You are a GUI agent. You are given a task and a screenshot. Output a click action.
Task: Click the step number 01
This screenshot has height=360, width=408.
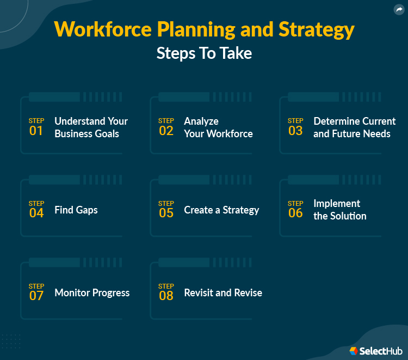tap(36, 131)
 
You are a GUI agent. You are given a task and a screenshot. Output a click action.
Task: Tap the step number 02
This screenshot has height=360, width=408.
tap(166, 131)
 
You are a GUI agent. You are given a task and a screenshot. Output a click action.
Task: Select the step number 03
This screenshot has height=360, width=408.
tap(295, 131)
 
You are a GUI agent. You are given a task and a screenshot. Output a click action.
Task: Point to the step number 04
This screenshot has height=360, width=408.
tap(36, 213)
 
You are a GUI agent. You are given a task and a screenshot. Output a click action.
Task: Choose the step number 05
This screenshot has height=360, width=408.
tap(166, 213)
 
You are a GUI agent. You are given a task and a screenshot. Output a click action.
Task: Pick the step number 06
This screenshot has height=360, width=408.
tap(295, 213)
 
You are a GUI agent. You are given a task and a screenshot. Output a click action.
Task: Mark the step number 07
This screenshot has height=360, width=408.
tap(36, 296)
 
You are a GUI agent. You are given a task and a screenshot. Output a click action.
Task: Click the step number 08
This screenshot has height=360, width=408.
tap(166, 296)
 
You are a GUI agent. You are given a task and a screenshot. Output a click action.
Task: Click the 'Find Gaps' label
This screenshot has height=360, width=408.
tap(76, 210)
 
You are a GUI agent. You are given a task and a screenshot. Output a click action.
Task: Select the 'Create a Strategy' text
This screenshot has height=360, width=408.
tap(221, 210)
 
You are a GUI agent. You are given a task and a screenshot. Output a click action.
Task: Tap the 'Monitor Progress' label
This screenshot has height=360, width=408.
tap(92, 292)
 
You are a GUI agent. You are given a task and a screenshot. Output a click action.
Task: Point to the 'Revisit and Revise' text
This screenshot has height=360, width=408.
tap(223, 292)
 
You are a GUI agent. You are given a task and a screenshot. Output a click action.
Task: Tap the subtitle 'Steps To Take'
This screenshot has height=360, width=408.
tap(204, 53)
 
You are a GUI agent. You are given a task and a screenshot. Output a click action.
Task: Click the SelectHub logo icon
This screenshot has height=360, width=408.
tap(354, 351)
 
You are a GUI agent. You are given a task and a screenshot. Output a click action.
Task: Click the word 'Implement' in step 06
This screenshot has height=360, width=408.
tap(337, 203)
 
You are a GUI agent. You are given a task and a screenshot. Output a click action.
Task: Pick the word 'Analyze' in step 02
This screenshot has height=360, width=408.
tap(201, 121)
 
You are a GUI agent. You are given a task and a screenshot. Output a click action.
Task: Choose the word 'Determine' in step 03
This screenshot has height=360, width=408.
tap(333, 121)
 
